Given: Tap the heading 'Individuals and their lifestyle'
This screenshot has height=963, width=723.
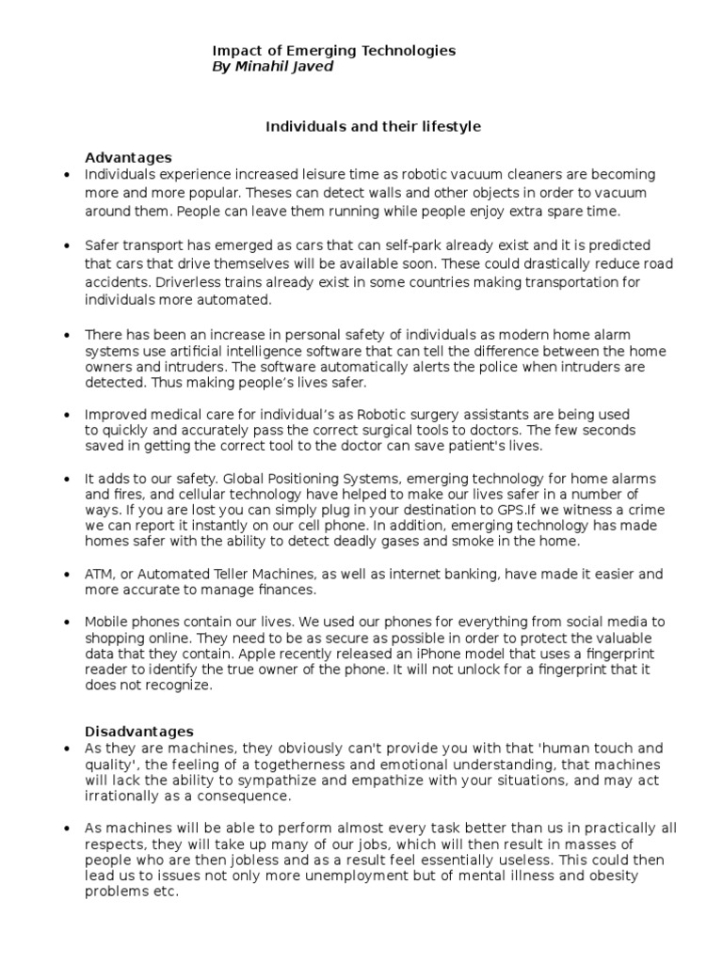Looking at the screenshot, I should coord(372,125).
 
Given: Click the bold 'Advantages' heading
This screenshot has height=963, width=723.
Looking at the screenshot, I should coord(128,157).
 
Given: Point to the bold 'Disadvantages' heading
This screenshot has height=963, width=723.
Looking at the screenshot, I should coord(139,731).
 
